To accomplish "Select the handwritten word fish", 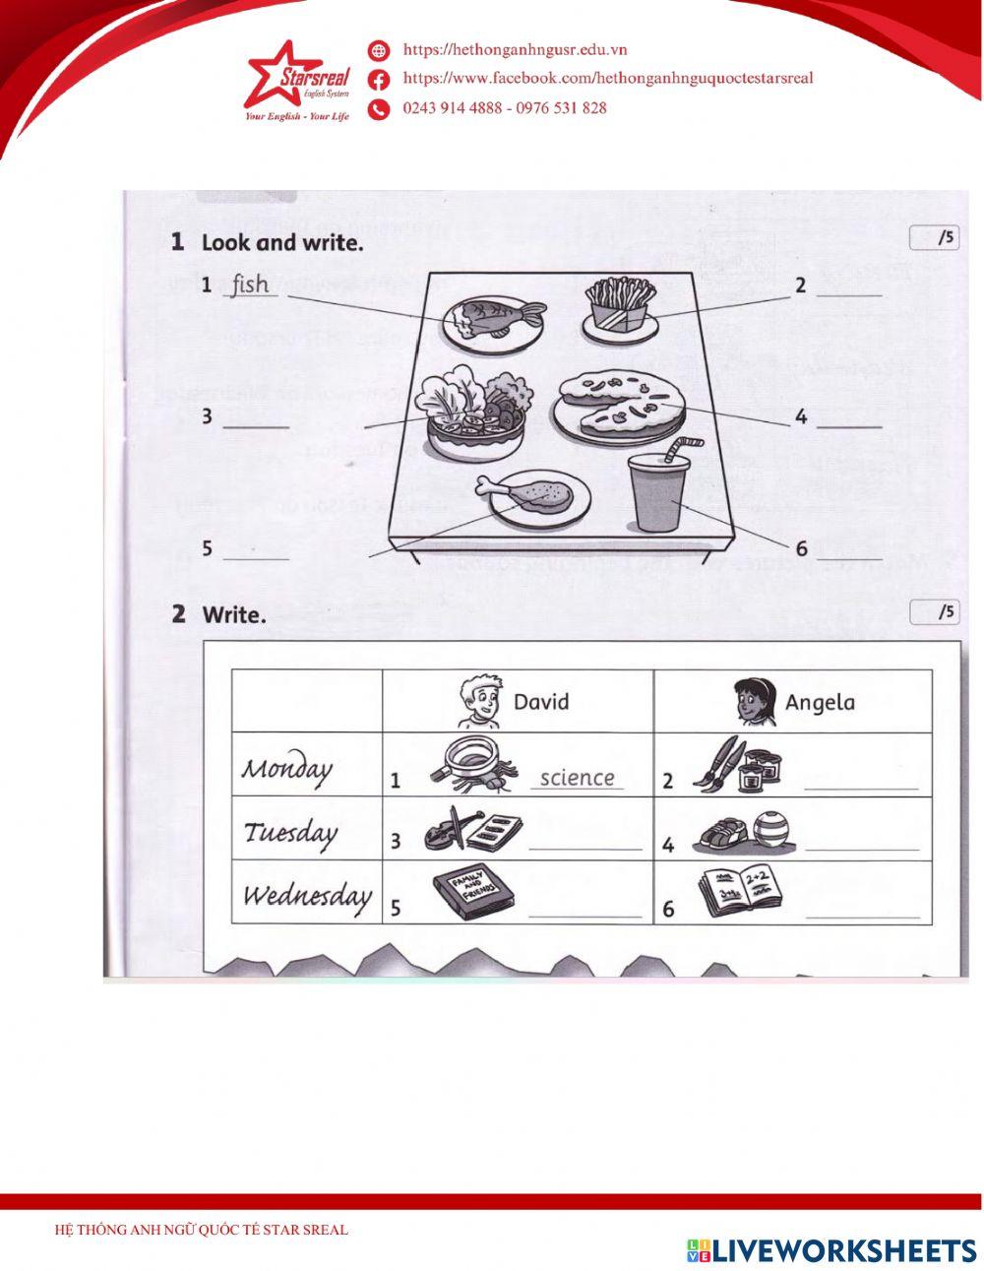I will [250, 286].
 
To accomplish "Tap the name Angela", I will [820, 703].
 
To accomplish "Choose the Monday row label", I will [287, 768].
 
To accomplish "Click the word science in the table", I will [578, 778].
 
